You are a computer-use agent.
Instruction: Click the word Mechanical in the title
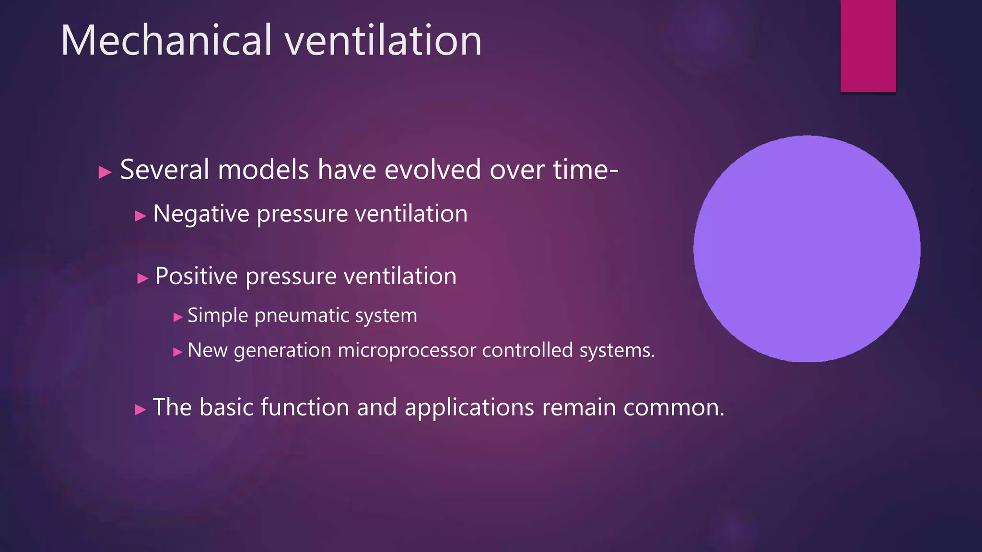166,41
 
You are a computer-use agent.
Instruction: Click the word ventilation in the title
383,41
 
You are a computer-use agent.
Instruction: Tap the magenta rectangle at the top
868,46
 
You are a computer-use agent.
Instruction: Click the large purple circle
807,249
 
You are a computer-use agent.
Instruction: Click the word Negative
201,214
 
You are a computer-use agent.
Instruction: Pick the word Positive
197,276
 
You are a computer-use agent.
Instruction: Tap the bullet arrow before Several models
105,172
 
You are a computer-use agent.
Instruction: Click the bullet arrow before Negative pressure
140,216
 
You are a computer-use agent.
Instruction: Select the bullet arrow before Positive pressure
142,278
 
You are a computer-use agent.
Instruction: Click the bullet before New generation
178,352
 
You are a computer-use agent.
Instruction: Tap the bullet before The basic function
140,410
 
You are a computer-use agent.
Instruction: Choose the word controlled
527,350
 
